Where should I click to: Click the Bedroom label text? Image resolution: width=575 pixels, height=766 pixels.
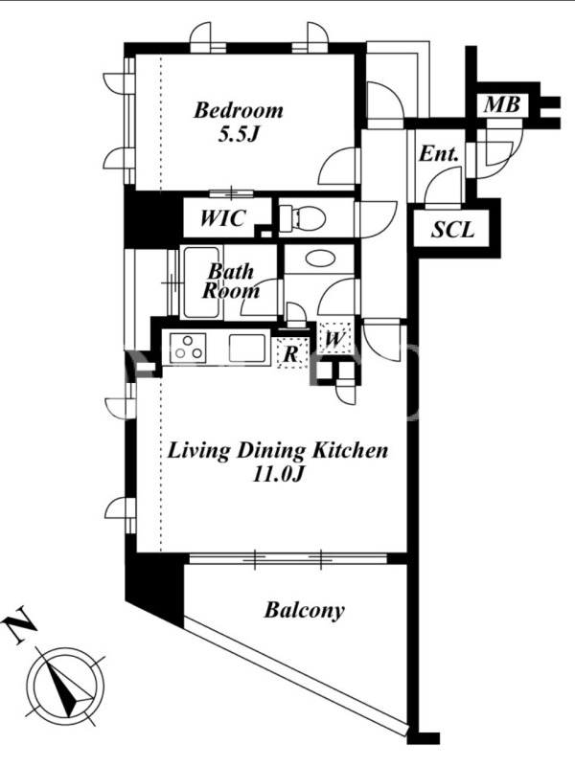238,110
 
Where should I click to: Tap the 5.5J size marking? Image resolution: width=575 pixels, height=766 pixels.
238,134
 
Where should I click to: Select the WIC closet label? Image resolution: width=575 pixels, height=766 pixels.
222,218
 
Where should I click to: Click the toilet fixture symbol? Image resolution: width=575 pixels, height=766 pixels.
302,216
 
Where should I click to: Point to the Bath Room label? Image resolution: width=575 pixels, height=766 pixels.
231,281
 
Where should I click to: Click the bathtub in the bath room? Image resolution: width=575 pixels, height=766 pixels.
201,282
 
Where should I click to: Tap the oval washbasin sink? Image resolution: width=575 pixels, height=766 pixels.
320,258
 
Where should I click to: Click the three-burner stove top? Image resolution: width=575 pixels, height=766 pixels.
188,348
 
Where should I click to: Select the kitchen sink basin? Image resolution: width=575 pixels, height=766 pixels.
247,348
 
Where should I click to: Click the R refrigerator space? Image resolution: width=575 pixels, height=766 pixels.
292,353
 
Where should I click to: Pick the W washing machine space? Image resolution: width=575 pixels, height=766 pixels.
334,338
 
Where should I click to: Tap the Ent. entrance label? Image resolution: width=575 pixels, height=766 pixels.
439,154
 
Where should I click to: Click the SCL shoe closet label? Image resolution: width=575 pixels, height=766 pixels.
452,229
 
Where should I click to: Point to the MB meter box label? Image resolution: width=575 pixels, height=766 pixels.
502,104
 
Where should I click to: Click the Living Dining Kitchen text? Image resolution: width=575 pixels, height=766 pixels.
278,450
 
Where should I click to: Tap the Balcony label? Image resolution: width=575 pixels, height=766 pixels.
304,610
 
